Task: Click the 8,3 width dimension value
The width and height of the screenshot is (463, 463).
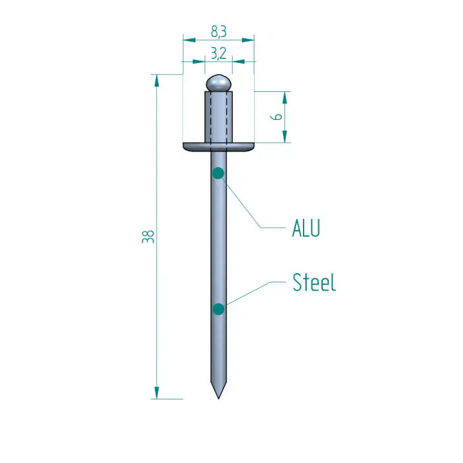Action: (218, 30)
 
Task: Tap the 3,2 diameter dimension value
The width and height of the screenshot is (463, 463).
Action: (218, 54)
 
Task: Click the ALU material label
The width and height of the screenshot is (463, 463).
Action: (306, 229)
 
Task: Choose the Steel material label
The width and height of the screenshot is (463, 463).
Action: (314, 283)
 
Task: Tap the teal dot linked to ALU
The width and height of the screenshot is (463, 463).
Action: (218, 173)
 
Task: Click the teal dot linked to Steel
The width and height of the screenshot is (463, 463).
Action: (218, 309)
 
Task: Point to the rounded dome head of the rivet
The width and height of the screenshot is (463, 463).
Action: (218, 83)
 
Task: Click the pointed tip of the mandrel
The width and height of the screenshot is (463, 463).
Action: (218, 395)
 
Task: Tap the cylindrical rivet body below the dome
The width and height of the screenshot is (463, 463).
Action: (218, 116)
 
